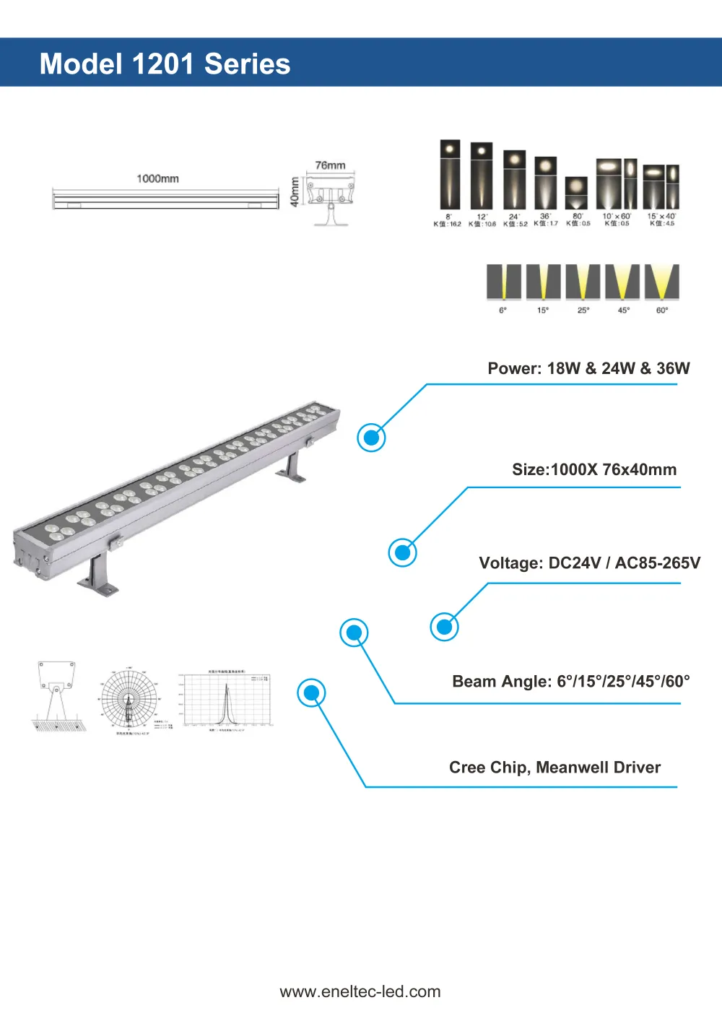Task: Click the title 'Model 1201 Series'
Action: click(x=165, y=64)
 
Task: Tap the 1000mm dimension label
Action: click(x=157, y=178)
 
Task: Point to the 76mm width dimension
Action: click(x=330, y=165)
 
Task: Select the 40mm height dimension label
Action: click(x=295, y=192)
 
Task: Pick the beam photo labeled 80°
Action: click(x=576, y=193)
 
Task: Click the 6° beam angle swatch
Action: click(x=503, y=282)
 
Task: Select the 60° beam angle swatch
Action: click(x=661, y=282)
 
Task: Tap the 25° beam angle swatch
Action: click(x=583, y=282)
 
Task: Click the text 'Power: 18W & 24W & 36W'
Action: click(x=588, y=368)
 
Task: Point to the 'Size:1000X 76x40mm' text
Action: click(x=594, y=469)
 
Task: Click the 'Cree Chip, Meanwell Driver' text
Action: click(x=554, y=767)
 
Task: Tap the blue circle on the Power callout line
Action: click(x=372, y=438)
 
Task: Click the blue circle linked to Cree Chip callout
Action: click(x=312, y=693)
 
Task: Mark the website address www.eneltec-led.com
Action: click(x=360, y=991)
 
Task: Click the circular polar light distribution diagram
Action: click(x=129, y=699)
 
